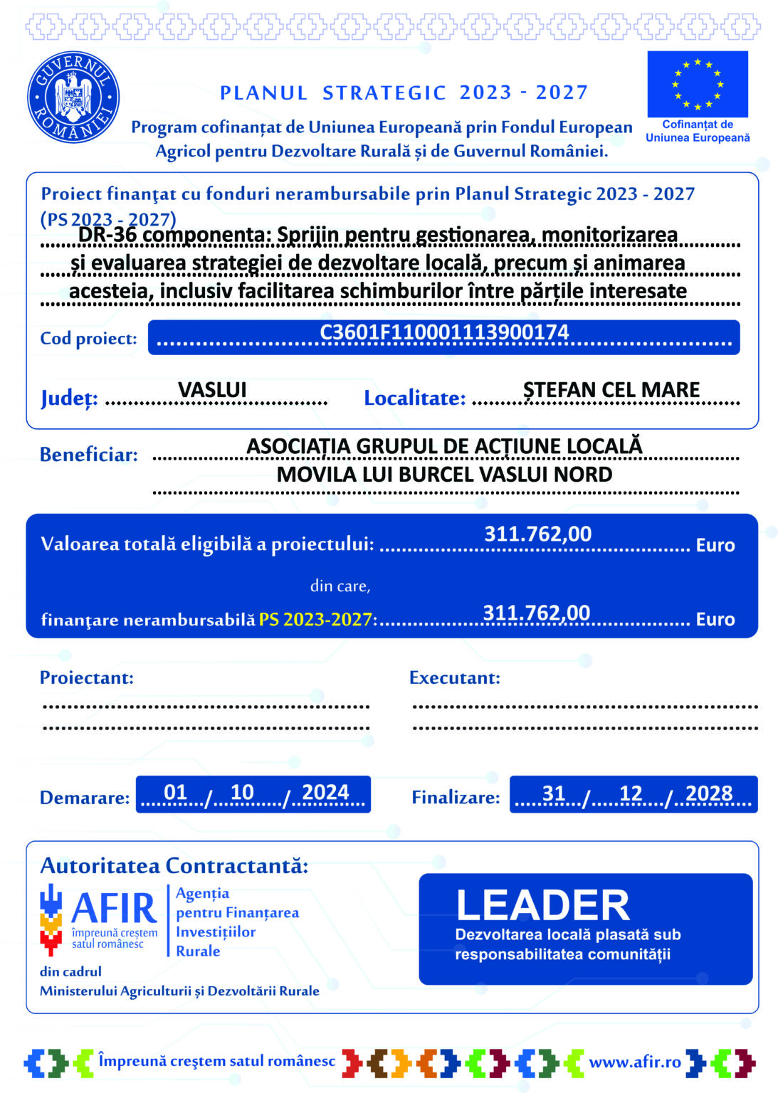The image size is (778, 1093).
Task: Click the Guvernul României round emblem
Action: tap(73, 97)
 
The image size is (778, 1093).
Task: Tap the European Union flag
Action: tap(697, 84)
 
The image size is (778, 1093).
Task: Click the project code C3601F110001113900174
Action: tap(444, 333)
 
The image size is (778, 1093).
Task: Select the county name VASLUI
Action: tap(212, 390)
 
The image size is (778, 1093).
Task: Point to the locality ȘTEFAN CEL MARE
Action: tap(611, 390)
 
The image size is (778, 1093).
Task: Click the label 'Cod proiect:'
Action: tap(88, 339)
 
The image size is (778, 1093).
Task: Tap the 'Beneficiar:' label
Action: tap(89, 455)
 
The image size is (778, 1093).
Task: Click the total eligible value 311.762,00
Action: tap(537, 534)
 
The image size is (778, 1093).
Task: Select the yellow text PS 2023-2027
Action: tap(315, 620)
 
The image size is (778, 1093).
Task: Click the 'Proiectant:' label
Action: tap(87, 677)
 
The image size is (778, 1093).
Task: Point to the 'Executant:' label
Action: tap(454, 677)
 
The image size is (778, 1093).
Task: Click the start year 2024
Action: tap(325, 793)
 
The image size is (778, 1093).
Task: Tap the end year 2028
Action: tap(709, 793)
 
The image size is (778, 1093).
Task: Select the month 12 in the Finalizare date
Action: tap(631, 793)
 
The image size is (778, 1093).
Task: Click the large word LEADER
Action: tap(542, 905)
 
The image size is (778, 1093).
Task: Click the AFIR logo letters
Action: tap(114, 909)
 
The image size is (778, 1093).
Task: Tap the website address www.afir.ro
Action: tap(635, 1062)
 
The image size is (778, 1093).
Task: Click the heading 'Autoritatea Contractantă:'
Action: tap(174, 866)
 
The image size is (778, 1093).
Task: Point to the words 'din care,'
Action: tap(340, 586)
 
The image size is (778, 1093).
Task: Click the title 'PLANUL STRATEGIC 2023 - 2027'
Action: tap(404, 93)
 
